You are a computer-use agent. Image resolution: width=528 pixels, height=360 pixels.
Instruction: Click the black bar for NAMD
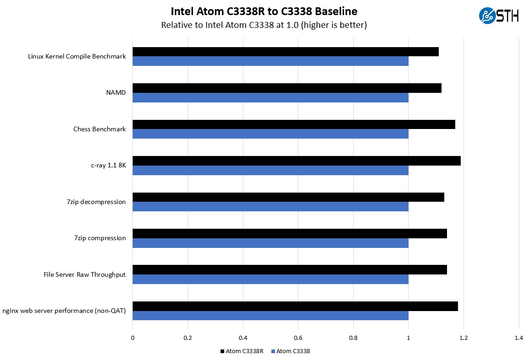tap(287, 88)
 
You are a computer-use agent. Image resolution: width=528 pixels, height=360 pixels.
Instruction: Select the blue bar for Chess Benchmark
tap(270, 134)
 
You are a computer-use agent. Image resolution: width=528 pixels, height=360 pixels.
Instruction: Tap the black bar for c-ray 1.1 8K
tap(296, 161)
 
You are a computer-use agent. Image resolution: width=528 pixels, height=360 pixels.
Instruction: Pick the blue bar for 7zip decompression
tap(270, 207)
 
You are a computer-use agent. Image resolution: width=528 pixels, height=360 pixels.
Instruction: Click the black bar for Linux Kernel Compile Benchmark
tap(286, 52)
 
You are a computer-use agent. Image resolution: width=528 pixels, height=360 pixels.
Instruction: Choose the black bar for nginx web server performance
tap(295, 306)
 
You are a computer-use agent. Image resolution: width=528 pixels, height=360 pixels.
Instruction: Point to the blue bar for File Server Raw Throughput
tap(270, 279)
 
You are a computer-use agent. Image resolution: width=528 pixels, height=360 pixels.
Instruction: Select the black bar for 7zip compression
tap(290, 233)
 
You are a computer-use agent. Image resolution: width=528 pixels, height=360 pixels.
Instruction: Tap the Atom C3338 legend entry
tap(291, 351)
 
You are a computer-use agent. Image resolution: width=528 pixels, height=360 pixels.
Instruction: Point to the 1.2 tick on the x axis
tap(463, 338)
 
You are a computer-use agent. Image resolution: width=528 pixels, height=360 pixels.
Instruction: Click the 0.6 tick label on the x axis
tap(298, 338)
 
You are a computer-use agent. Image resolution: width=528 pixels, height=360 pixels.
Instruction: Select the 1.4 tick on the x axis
tap(518, 338)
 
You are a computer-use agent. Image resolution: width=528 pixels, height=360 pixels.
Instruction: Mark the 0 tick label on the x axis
tap(133, 338)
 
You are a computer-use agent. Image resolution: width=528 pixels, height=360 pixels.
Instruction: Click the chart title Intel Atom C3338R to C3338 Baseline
tap(264, 11)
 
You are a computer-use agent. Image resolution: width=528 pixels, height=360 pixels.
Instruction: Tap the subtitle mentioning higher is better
tap(264, 25)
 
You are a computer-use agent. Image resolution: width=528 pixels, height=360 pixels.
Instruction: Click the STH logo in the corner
tap(498, 16)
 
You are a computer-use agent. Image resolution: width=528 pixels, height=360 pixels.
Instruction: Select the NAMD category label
tap(116, 93)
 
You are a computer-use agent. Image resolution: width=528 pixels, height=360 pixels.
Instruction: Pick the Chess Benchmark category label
tap(99, 129)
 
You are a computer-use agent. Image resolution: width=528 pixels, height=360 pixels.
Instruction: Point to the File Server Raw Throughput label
tap(85, 274)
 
